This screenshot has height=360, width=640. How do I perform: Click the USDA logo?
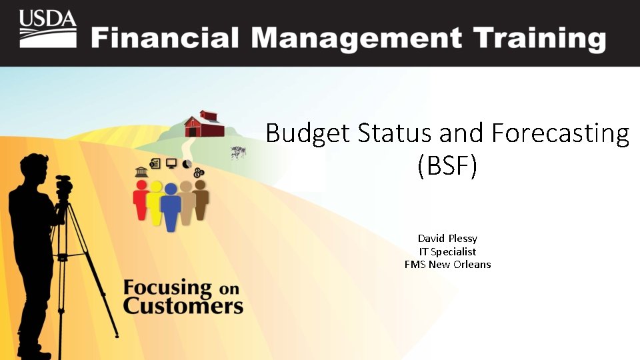[x=47, y=29]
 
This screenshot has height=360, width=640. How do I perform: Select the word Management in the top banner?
[x=348, y=39]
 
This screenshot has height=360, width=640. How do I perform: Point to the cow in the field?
[x=238, y=153]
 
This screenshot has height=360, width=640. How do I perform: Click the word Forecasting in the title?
[x=560, y=134]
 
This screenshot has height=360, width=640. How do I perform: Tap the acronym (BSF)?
[x=447, y=166]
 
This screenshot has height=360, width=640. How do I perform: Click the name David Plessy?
[x=447, y=238]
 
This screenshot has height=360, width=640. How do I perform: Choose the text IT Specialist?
[x=447, y=251]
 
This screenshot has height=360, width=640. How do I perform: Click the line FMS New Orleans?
[x=447, y=264]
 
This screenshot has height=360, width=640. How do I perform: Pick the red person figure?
[x=141, y=200]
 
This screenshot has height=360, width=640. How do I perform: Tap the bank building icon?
[x=141, y=173]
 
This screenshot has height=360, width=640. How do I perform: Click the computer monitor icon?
[x=171, y=163]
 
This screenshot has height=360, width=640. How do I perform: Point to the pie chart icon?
[x=187, y=164]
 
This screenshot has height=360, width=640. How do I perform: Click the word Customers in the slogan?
[x=183, y=306]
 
